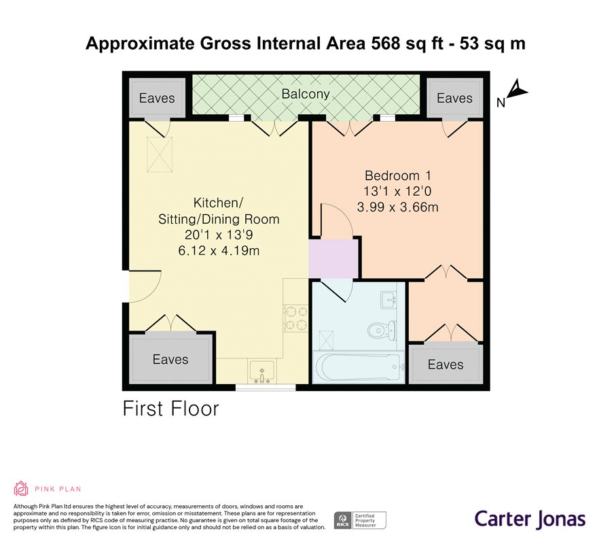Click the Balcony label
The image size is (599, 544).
(306, 94)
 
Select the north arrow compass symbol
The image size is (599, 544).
(516, 90)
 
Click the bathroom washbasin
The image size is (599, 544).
(389, 299)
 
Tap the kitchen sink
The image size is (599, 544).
(262, 371)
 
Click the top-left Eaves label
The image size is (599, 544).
(157, 98)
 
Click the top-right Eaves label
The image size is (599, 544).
(454, 98)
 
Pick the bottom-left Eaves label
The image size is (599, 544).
(170, 359)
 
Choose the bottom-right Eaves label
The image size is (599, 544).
(446, 365)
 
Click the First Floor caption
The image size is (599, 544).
(170, 409)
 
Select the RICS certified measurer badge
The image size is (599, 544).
(359, 520)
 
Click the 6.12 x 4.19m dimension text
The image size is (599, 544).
(219, 251)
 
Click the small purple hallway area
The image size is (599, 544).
(333, 258)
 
